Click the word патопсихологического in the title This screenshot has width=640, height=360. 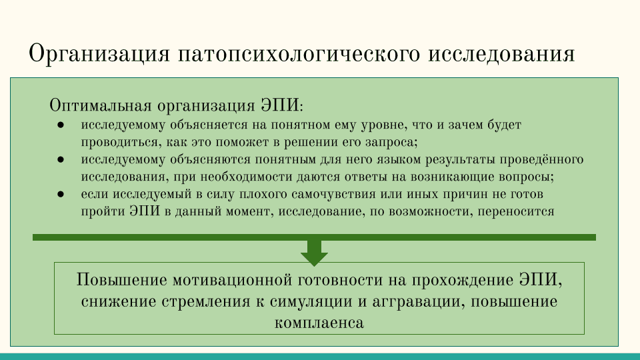pyautogui.click(x=299, y=54)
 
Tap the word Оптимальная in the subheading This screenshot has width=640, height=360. pyautogui.click(x=101, y=105)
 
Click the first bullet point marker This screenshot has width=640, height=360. pyautogui.click(x=61, y=125)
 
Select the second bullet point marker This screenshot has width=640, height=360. pyautogui.click(x=61, y=159)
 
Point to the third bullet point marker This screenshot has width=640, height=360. pyautogui.click(x=61, y=194)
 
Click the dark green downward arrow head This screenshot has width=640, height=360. pyautogui.click(x=314, y=259)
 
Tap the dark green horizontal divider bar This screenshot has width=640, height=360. pyautogui.click(x=314, y=237)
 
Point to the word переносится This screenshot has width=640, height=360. pyautogui.click(x=516, y=212)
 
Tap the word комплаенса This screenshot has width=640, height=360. pyautogui.click(x=319, y=323)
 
